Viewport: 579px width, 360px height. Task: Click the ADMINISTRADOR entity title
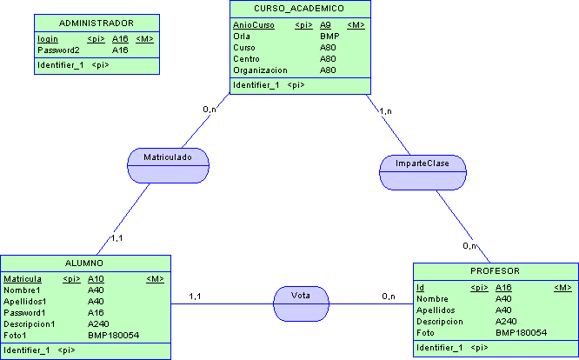point(96,23)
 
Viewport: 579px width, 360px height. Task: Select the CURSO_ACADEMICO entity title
point(299,9)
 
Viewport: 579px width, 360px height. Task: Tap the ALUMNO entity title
point(84,263)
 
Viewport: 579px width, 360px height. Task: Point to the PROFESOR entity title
point(494,271)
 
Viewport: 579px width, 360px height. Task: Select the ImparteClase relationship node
point(423,163)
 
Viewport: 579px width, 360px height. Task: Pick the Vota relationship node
point(301,296)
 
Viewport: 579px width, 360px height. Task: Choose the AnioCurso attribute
point(253,25)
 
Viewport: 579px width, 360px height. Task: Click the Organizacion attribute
point(260,70)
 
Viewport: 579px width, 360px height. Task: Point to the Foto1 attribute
point(16,335)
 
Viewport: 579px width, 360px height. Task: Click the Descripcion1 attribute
point(30,323)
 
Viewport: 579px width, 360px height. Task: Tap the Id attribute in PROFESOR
point(420,288)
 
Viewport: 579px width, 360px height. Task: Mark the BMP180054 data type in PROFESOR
point(521,333)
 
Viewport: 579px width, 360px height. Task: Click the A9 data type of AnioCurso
point(325,25)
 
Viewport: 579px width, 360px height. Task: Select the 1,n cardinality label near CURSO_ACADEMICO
point(385,110)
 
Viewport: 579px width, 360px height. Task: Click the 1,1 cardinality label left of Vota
point(195,297)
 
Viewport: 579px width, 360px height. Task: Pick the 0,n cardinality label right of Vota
point(389,297)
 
